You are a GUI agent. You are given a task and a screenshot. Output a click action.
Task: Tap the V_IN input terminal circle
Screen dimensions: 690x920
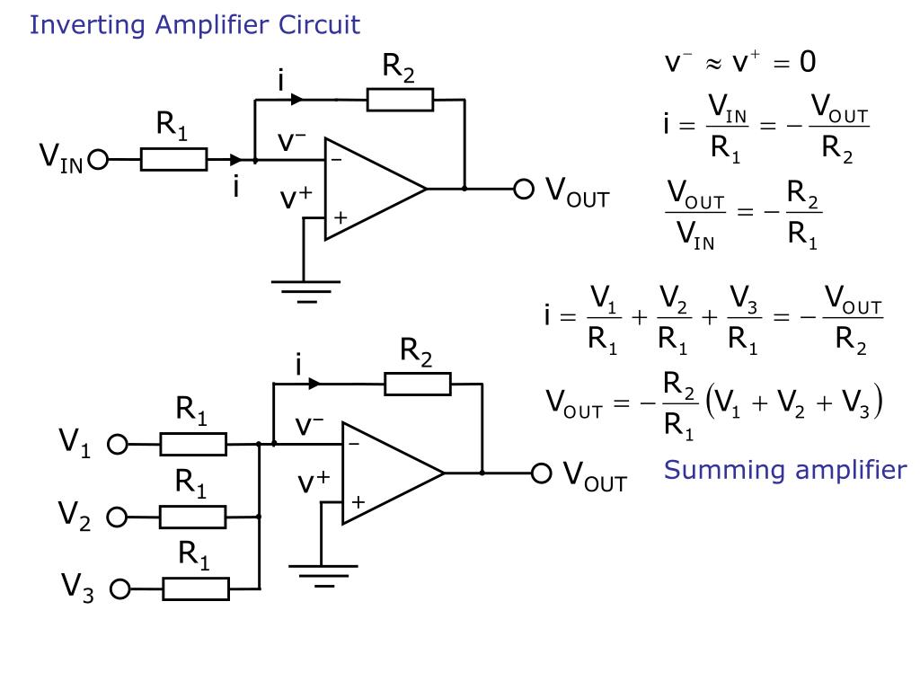pyautogui.click(x=98, y=161)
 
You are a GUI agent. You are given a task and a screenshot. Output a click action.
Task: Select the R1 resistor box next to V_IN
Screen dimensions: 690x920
pyautogui.click(x=173, y=161)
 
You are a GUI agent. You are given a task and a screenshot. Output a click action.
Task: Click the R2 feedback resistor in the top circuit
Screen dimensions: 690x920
pyautogui.click(x=400, y=99)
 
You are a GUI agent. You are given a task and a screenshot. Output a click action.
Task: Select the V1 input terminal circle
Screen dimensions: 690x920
pyautogui.click(x=118, y=444)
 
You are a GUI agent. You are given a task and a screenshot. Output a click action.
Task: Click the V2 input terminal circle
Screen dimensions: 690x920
pyautogui.click(x=118, y=517)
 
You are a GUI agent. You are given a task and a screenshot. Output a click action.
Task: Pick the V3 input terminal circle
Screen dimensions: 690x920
pyautogui.click(x=120, y=589)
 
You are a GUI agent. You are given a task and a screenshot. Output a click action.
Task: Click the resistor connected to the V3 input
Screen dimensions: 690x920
pyautogui.click(x=196, y=589)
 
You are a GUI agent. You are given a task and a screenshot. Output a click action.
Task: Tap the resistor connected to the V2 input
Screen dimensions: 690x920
pyautogui.click(x=193, y=517)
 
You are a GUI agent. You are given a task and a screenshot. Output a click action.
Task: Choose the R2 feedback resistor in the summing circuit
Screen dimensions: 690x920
pyautogui.click(x=418, y=385)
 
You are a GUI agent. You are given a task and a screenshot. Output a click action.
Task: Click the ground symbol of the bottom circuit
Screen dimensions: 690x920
pyautogui.click(x=323, y=573)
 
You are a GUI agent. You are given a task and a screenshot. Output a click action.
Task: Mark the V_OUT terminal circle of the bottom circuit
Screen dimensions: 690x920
pyautogui.click(x=541, y=473)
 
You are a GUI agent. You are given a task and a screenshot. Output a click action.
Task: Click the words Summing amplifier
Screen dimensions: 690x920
pyautogui.click(x=785, y=470)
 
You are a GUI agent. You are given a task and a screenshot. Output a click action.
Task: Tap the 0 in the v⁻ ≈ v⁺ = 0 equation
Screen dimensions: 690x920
pyautogui.click(x=807, y=62)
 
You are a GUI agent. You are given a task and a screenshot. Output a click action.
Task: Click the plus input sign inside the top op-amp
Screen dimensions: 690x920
pyautogui.click(x=341, y=217)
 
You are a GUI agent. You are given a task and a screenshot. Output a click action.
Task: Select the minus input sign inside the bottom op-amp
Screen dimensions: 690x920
pyautogui.click(x=354, y=445)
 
